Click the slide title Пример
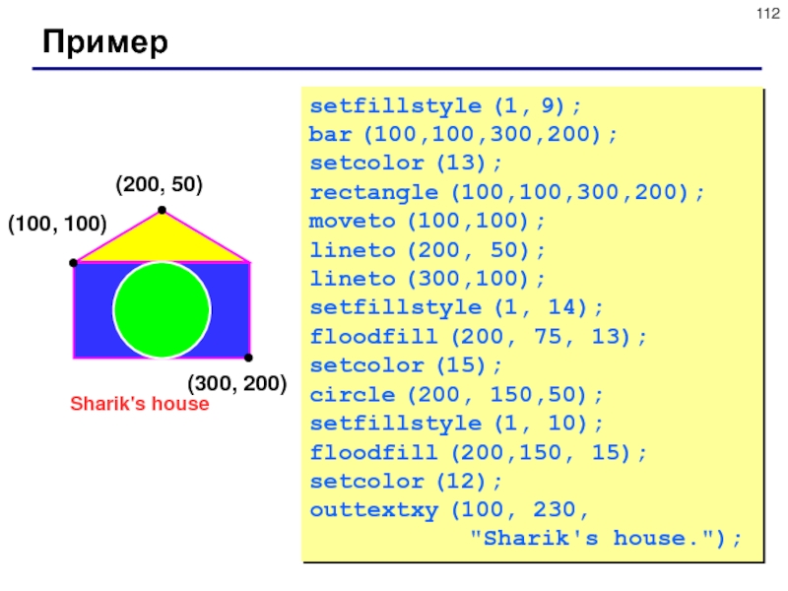pyautogui.click(x=105, y=42)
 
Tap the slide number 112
pyautogui.click(x=768, y=14)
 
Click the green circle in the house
pyautogui.click(x=162, y=309)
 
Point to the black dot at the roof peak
pyautogui.click(x=162, y=210)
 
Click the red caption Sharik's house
pyautogui.click(x=139, y=404)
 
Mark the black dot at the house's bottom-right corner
pyautogui.click(x=248, y=358)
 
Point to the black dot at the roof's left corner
pyautogui.click(x=73, y=263)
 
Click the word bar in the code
pyautogui.click(x=330, y=135)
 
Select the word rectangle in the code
pyautogui.click(x=374, y=192)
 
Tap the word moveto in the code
pyautogui.click(x=353, y=221)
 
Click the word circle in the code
pyautogui.click(x=353, y=395)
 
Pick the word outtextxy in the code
pyautogui.click(x=374, y=511)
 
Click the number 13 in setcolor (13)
pyautogui.click(x=461, y=163)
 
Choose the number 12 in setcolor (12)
pyautogui.click(x=461, y=482)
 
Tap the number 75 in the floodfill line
pyautogui.click(x=548, y=337)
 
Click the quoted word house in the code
pyautogui.click(x=649, y=539)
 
